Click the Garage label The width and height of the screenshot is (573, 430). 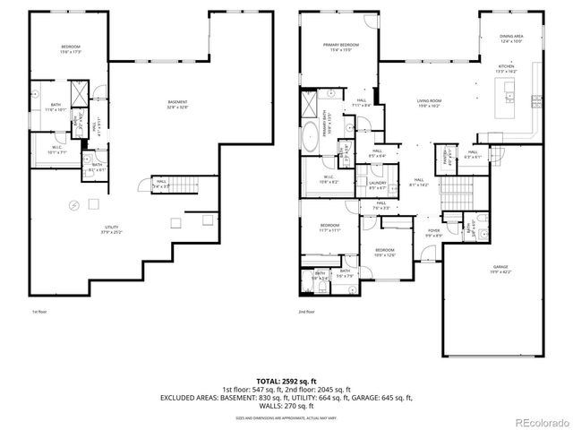point(500,269)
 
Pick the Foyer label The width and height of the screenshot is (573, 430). point(433,233)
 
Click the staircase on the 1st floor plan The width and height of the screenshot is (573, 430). point(186,185)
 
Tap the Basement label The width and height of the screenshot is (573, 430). point(177,105)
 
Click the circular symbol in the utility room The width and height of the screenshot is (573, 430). point(74,205)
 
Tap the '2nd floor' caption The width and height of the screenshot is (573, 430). point(306,311)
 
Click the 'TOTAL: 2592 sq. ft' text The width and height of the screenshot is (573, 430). point(286,382)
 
